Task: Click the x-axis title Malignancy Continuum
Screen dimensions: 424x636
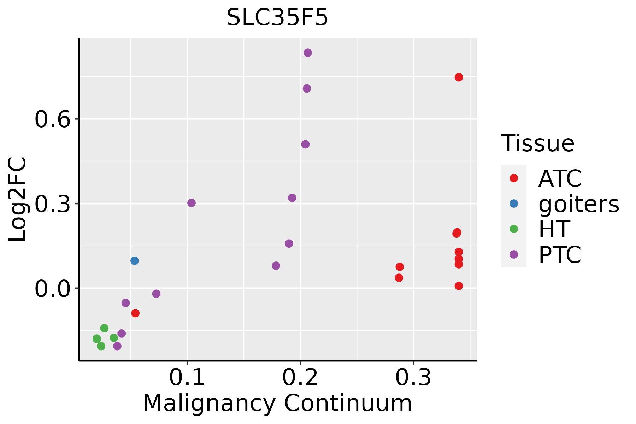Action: click(x=277, y=403)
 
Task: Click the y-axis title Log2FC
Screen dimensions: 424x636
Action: click(x=18, y=200)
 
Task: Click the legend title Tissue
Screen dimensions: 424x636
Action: click(x=538, y=143)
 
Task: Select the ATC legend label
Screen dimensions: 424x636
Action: click(x=560, y=178)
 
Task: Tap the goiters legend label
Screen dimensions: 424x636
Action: click(x=579, y=204)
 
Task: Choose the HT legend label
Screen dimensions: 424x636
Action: click(x=554, y=229)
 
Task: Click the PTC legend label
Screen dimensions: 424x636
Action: click(x=560, y=255)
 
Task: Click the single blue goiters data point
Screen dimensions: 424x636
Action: click(x=135, y=261)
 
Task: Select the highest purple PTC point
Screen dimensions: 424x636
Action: click(x=308, y=53)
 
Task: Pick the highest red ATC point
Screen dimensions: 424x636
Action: click(x=459, y=77)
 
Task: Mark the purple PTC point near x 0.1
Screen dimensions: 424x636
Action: click(x=192, y=203)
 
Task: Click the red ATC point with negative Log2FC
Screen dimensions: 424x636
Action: click(x=135, y=313)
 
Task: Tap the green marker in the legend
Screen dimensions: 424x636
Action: click(x=514, y=229)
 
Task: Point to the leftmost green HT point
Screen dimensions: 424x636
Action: click(x=97, y=339)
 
